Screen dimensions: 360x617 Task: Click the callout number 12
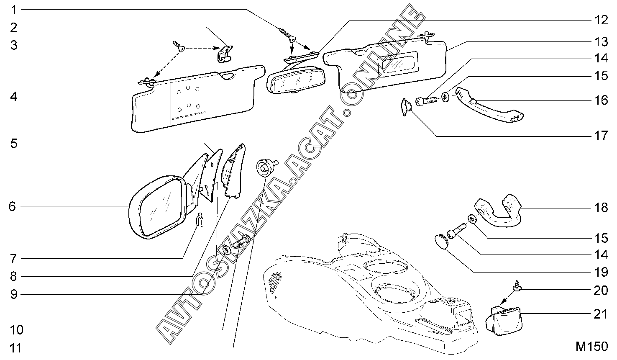tap(601, 20)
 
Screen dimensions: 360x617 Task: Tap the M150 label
tap(591, 347)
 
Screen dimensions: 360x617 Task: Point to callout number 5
tap(14, 144)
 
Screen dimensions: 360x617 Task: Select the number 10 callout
tap(17, 330)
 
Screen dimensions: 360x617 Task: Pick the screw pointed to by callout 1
tap(287, 34)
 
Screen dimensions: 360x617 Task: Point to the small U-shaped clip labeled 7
tap(200, 220)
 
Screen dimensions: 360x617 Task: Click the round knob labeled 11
tap(265, 167)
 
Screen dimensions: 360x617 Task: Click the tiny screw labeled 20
tap(515, 287)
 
